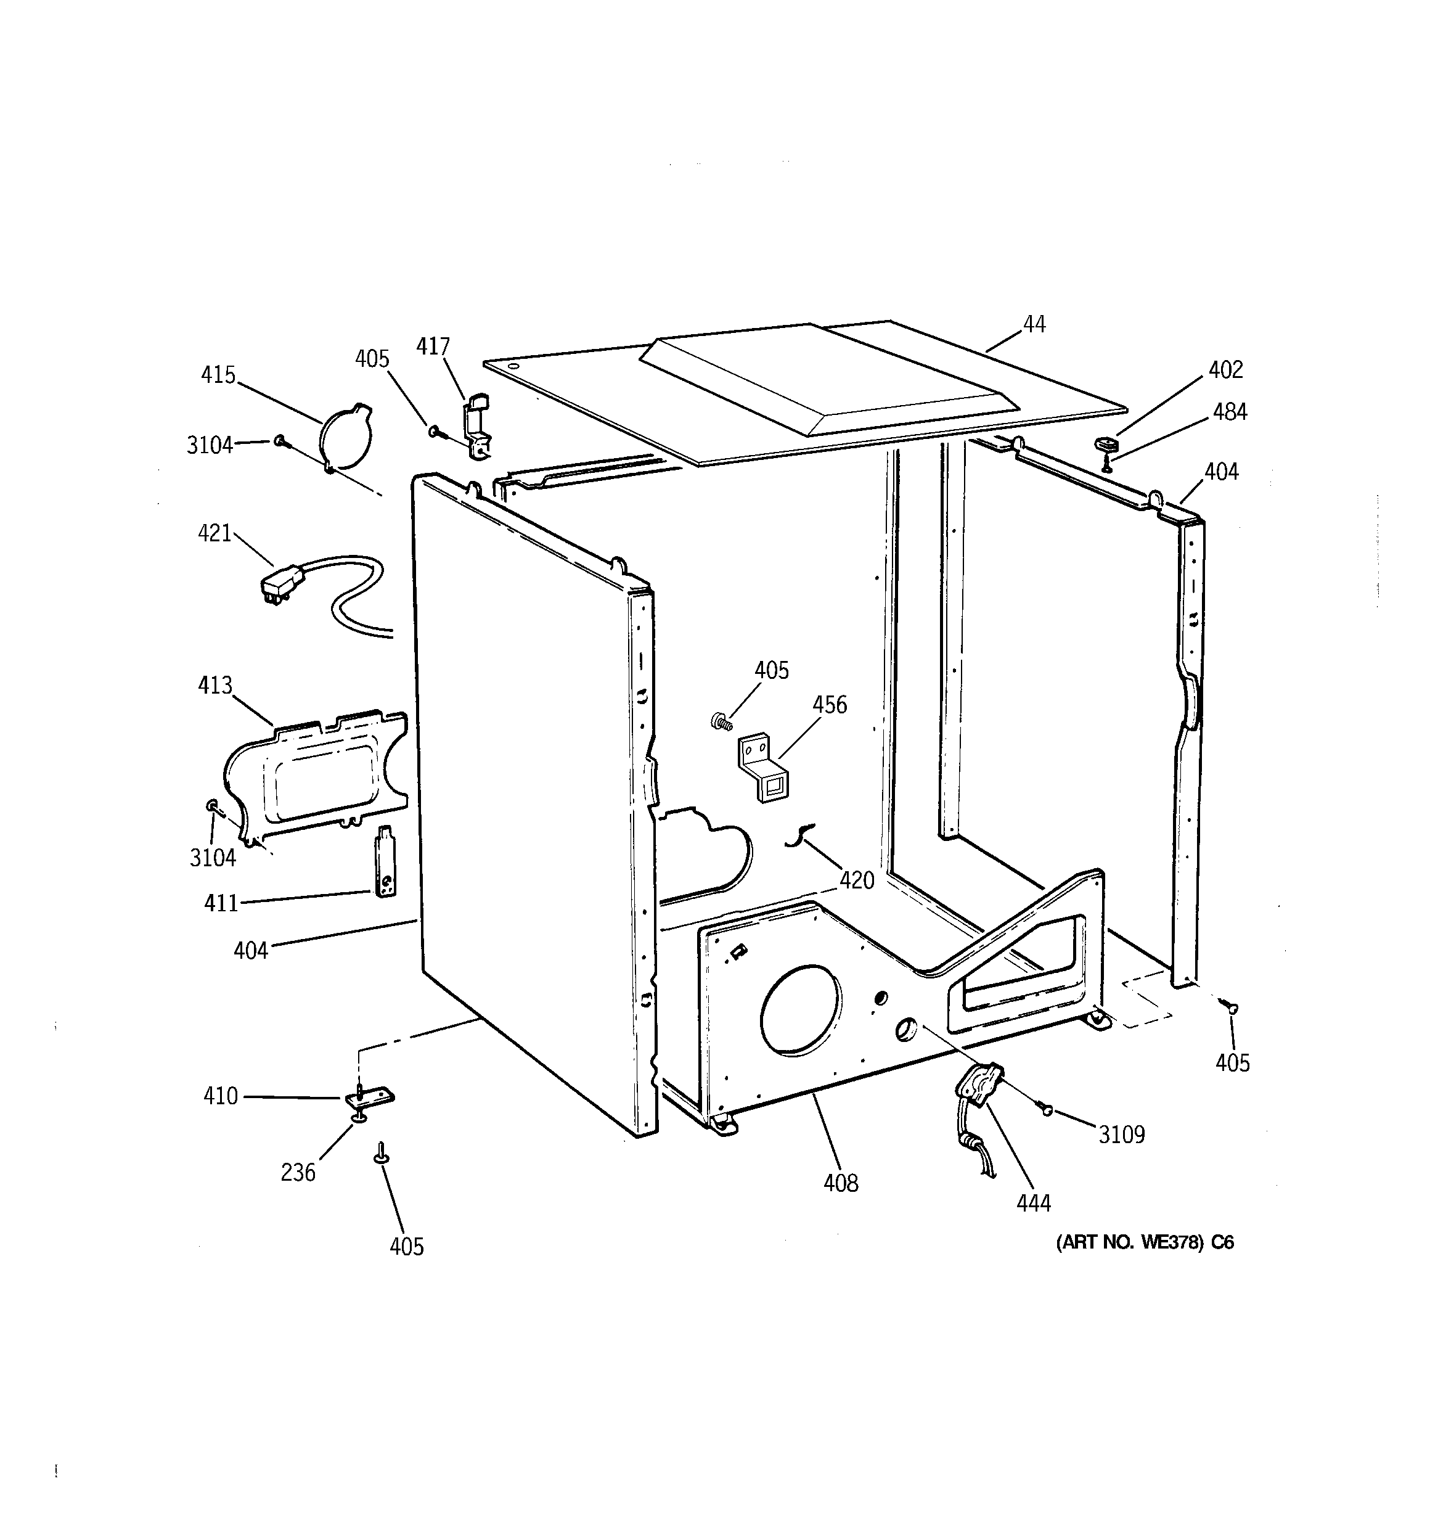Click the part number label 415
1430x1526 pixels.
click(218, 375)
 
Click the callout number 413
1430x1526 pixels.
click(215, 685)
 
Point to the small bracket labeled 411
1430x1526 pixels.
click(386, 861)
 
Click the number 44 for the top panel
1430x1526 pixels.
click(1034, 325)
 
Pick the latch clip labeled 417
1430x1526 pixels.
click(476, 430)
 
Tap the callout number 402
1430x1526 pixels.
click(1225, 370)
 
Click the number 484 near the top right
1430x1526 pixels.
click(1230, 412)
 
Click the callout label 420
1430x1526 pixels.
click(857, 880)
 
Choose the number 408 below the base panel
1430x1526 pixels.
click(841, 1183)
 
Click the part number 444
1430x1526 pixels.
click(1033, 1203)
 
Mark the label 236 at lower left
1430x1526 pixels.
click(298, 1172)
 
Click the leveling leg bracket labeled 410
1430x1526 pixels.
click(369, 1097)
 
